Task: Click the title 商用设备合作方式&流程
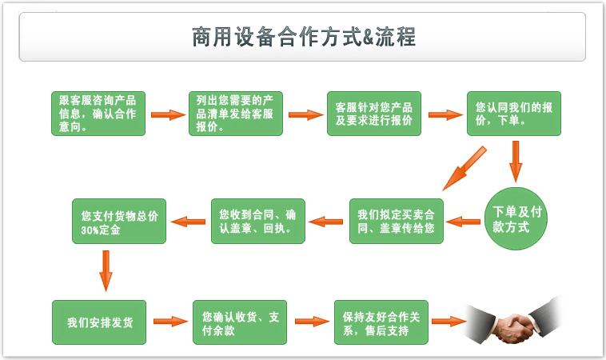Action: (303, 37)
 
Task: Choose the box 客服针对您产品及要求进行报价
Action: (374, 114)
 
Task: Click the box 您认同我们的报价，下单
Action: (514, 114)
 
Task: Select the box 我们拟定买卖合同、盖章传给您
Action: (397, 221)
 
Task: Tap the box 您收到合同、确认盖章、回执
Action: (257, 221)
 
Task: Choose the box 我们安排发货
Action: (99, 322)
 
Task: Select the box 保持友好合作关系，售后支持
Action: (381, 322)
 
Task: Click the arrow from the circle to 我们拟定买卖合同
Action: (463, 221)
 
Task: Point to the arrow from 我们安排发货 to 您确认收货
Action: (169, 322)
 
